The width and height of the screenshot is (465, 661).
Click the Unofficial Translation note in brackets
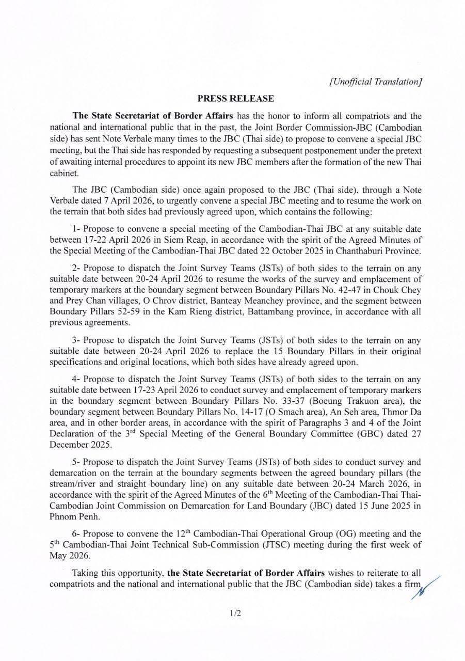[376, 81]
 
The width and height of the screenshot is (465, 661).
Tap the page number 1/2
[236, 613]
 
